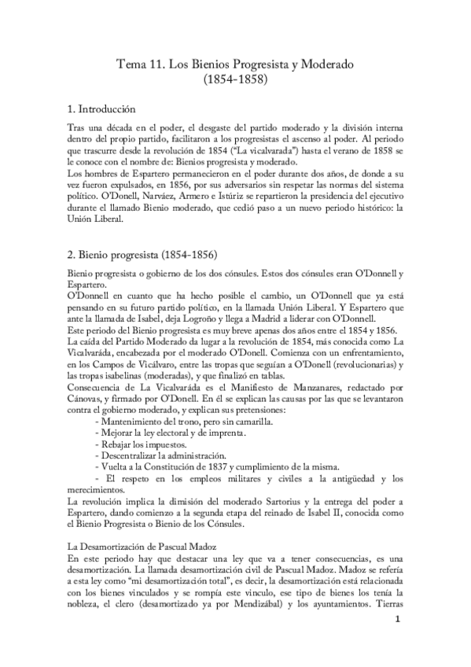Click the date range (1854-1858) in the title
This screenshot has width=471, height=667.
[x=235, y=79]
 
